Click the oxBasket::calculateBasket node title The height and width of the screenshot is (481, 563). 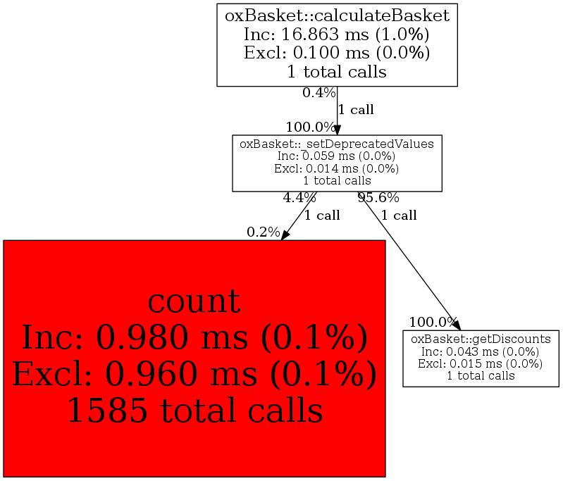(337, 16)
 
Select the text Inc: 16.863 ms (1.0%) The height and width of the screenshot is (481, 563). (337, 35)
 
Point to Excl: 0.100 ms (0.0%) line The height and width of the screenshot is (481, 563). (337, 53)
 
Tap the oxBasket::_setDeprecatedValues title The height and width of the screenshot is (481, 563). (337, 144)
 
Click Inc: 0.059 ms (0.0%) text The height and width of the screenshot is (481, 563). (337, 156)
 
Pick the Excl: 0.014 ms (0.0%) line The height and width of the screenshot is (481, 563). (337, 168)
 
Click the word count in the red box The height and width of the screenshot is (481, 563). (194, 301)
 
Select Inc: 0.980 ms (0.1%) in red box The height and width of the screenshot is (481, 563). (194, 337)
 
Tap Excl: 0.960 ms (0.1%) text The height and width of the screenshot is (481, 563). (194, 374)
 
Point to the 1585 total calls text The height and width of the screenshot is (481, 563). (195, 411)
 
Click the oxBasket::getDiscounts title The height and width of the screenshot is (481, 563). (481, 339)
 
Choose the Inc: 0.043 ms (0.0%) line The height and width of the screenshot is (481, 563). (481, 351)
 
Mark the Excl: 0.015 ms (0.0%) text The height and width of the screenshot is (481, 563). (481, 363)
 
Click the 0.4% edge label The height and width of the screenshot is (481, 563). (318, 93)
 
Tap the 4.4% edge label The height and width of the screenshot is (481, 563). (299, 197)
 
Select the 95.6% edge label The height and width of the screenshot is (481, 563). (378, 197)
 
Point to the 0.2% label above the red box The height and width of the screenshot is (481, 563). (264, 232)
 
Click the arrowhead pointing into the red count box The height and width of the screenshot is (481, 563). (285, 235)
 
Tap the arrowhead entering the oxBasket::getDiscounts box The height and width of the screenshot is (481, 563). (457, 325)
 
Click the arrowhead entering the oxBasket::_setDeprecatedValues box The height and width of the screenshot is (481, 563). (337, 130)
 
